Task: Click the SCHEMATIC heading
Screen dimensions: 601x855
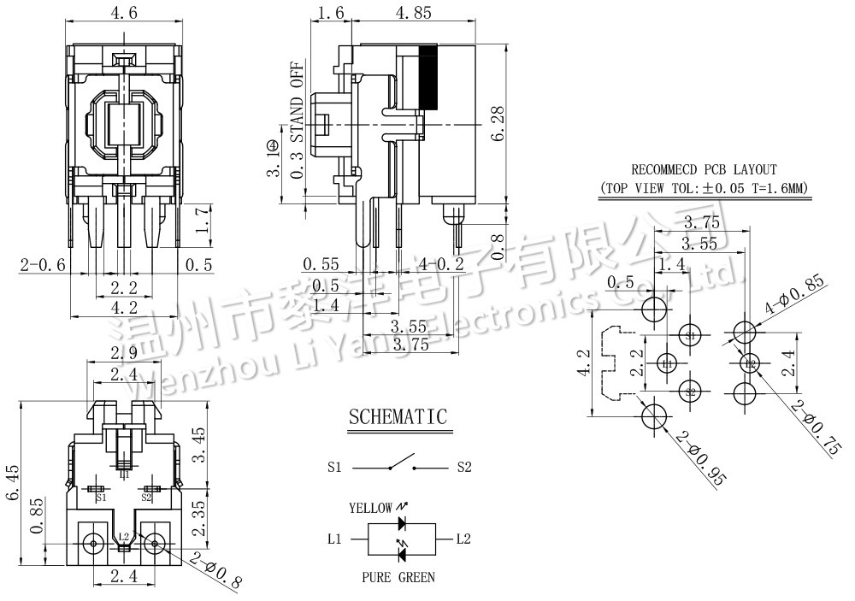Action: tap(398, 417)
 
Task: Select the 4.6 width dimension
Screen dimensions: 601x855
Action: tap(126, 13)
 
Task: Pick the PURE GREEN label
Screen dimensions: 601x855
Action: tap(397, 577)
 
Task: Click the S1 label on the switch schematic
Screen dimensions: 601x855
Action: tap(334, 468)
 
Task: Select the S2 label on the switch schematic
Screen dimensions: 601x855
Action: tap(464, 468)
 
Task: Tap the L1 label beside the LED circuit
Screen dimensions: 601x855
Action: tap(334, 539)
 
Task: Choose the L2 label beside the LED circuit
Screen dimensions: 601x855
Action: tap(463, 539)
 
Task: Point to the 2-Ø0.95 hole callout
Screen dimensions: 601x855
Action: tap(701, 458)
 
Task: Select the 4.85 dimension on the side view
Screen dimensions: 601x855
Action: tap(414, 13)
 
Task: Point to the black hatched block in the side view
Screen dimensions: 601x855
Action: tap(428, 77)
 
